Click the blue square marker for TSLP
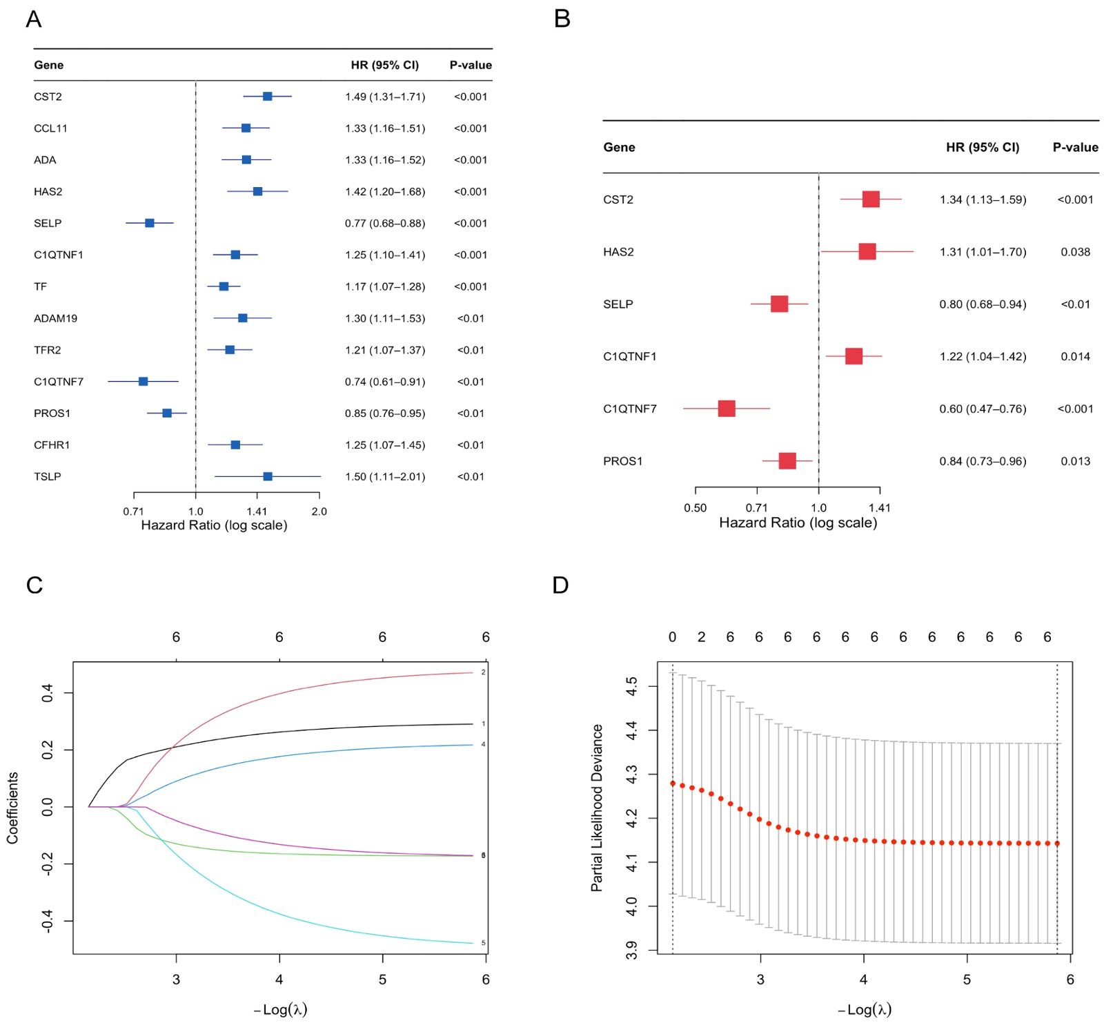pyautogui.click(x=268, y=476)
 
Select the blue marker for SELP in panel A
pyautogui.click(x=150, y=223)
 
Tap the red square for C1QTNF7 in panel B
pyautogui.click(x=727, y=409)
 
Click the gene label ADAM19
pyautogui.click(x=56, y=318)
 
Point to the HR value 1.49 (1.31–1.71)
pyautogui.click(x=385, y=97)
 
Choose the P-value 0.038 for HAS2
pyautogui.click(x=1075, y=252)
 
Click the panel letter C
pyautogui.click(x=34, y=585)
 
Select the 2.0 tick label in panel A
pyautogui.click(x=319, y=511)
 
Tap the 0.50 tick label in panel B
pyautogui.click(x=695, y=508)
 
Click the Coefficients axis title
pyautogui.click(x=12, y=808)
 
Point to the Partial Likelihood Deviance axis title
pyautogui.click(x=597, y=808)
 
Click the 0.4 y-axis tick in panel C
pyautogui.click(x=48, y=692)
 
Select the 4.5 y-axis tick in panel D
pyautogui.click(x=631, y=686)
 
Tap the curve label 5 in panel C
pyautogui.click(x=484, y=943)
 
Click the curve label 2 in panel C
pyautogui.click(x=484, y=672)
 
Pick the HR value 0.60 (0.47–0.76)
pyautogui.click(x=983, y=409)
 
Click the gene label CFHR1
pyautogui.click(x=52, y=445)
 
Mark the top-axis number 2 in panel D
pyautogui.click(x=701, y=637)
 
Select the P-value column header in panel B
pyautogui.click(x=1075, y=147)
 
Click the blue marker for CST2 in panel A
pyautogui.click(x=267, y=97)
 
